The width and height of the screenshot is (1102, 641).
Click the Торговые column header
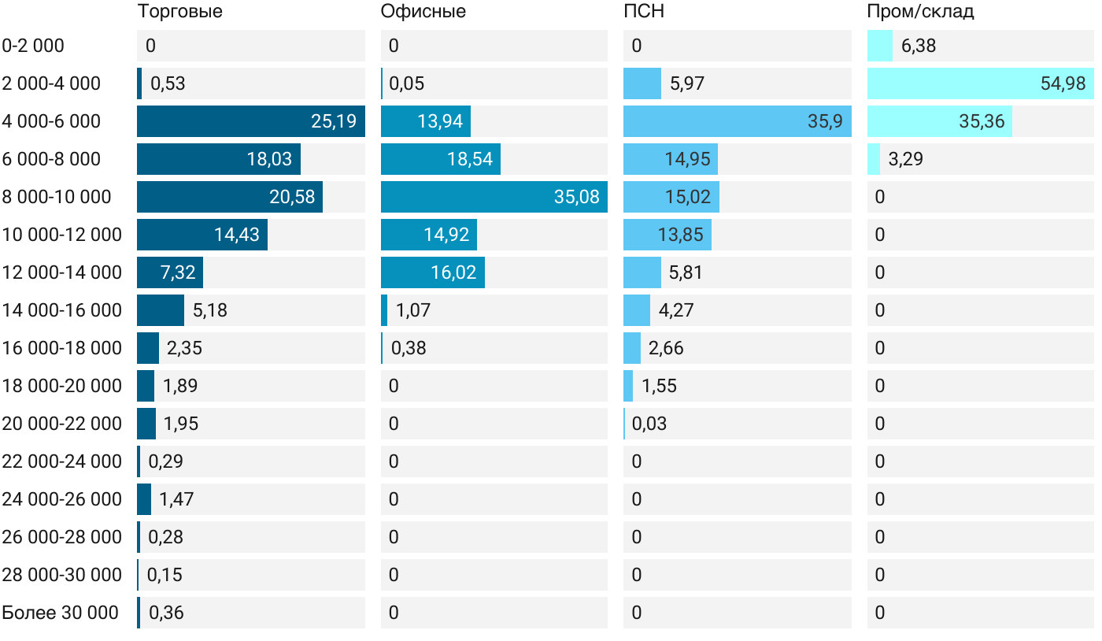coord(179,12)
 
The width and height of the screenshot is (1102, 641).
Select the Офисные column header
coord(423,12)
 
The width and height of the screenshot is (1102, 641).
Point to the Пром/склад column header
coord(920,12)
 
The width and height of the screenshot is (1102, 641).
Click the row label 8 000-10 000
coord(57,197)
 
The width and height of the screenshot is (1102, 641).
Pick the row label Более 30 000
coord(60,613)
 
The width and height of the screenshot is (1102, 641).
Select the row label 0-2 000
coord(33,46)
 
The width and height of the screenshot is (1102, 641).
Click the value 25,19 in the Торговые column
coord(334,121)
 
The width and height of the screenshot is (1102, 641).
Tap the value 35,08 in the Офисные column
coord(576,197)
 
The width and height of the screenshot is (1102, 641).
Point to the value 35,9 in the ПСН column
coord(825,121)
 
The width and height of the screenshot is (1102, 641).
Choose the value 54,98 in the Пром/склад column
coord(1063,83)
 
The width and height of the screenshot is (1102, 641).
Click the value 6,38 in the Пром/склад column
coord(919,46)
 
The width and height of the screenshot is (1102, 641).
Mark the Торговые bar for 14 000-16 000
coord(161,310)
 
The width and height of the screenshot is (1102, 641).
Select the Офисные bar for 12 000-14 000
coord(432,272)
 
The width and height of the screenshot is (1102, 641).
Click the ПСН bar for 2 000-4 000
coord(642,83)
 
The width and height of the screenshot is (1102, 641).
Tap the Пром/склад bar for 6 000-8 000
coord(874,159)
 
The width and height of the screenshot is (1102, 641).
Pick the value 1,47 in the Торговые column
coord(176,499)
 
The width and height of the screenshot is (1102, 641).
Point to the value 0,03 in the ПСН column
coord(649,424)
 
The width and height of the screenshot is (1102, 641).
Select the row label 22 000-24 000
coord(62,461)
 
